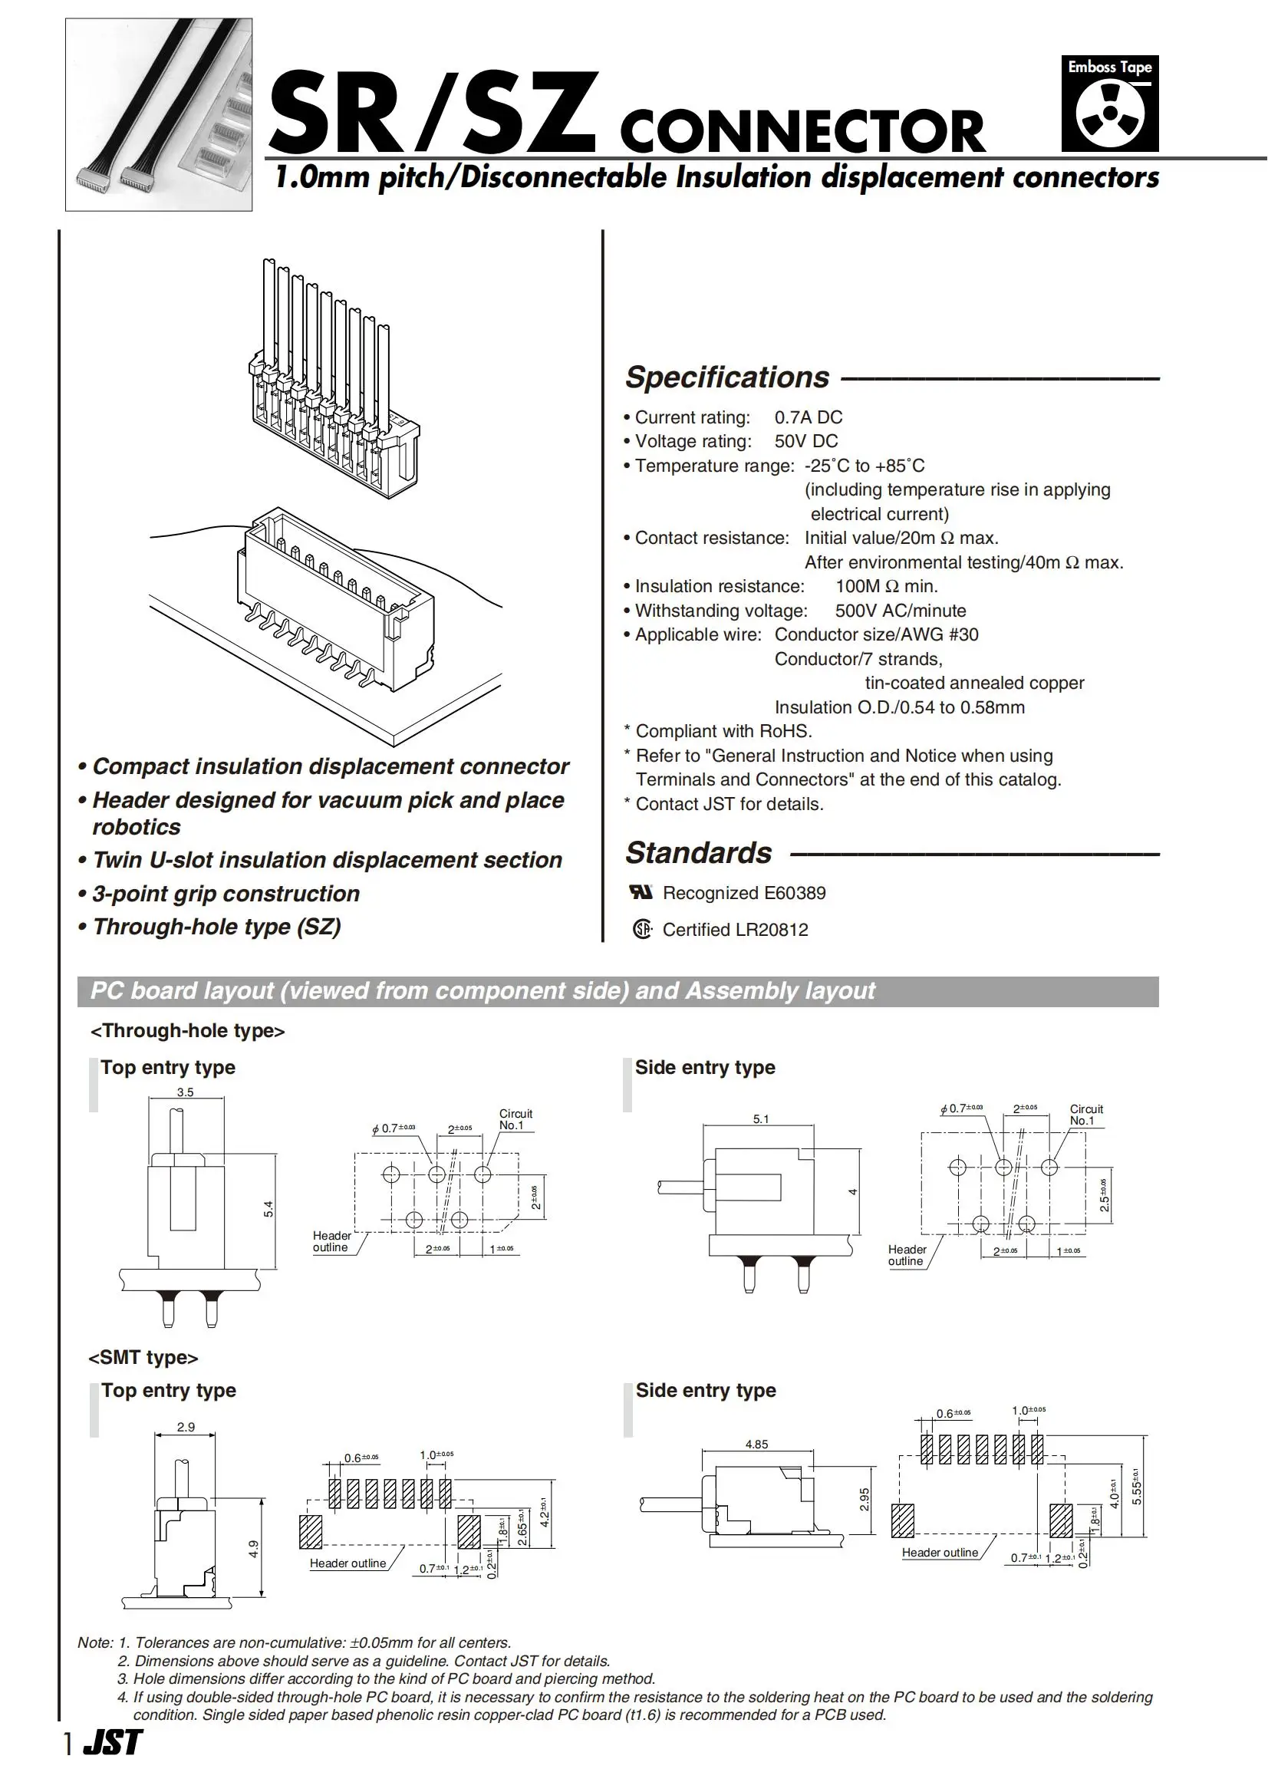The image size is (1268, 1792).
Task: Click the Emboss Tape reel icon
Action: (x=1109, y=114)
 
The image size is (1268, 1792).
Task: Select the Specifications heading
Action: (x=727, y=377)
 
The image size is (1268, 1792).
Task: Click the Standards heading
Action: (x=698, y=853)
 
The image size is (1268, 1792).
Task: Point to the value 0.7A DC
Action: (x=808, y=418)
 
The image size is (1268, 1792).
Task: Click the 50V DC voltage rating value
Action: (x=805, y=441)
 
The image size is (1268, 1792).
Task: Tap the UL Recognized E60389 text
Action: (x=743, y=893)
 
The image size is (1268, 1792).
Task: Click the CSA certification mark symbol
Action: (x=642, y=929)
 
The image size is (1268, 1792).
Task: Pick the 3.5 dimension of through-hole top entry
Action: (x=185, y=1092)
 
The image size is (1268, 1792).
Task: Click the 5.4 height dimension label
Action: (x=268, y=1209)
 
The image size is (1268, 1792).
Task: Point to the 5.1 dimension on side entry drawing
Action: (x=760, y=1119)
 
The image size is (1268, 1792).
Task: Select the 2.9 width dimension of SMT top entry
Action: (x=186, y=1427)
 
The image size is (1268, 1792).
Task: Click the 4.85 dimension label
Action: (x=756, y=1444)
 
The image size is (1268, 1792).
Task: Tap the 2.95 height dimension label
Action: (x=865, y=1499)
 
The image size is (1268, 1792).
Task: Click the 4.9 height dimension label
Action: (x=254, y=1549)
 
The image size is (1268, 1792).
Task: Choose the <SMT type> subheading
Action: (x=143, y=1357)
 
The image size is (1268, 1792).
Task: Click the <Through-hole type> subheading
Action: (x=187, y=1031)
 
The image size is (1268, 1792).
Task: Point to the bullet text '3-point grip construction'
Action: (x=226, y=893)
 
